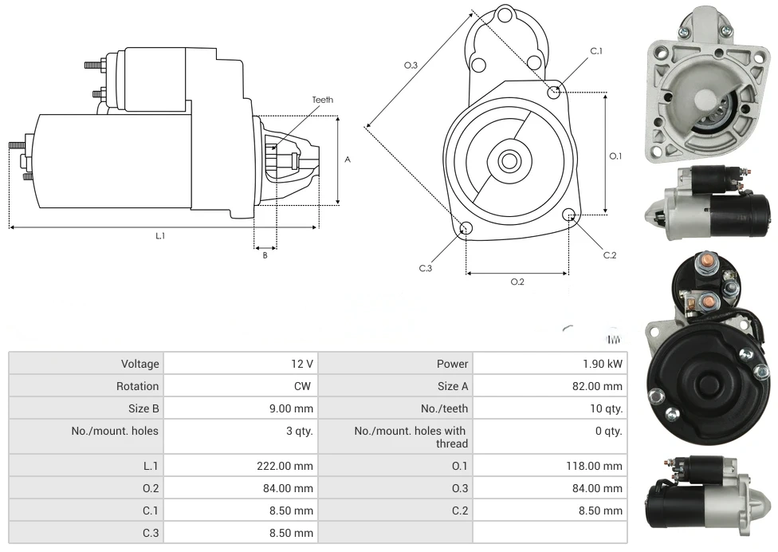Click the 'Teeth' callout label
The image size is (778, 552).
[322, 100]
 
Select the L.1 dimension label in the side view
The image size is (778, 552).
[160, 235]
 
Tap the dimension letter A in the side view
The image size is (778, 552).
[348, 160]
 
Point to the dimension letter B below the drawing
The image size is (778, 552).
[265, 255]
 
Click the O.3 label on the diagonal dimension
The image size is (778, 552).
[411, 65]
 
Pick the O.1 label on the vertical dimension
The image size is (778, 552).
[615, 156]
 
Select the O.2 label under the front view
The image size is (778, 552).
[517, 282]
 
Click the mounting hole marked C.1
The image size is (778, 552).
[555, 92]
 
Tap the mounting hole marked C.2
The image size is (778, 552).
[569, 215]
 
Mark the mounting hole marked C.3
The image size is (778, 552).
[466, 230]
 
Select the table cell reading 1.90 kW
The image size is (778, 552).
[603, 364]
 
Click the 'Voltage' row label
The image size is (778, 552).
[140, 364]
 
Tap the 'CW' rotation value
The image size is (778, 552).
[303, 386]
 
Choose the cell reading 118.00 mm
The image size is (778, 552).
[595, 466]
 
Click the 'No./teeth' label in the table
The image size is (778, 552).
[445, 408]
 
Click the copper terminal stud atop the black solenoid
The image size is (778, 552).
[705, 264]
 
